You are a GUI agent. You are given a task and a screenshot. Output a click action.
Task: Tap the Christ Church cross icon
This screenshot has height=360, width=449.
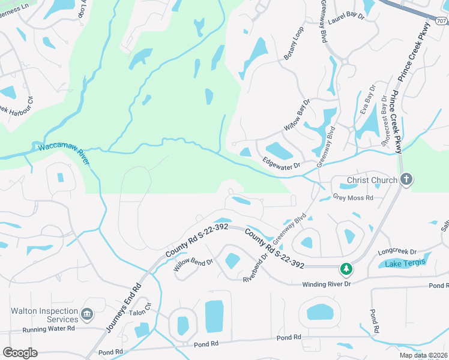[406, 179]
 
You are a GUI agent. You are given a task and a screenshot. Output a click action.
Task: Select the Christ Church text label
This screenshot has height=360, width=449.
[372, 180]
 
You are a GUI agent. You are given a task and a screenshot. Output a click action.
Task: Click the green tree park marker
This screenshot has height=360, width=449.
[346, 268]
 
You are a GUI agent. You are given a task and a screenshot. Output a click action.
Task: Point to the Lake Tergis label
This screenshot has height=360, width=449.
[405, 262]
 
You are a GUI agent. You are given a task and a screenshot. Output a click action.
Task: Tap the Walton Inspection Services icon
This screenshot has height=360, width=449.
[88, 314]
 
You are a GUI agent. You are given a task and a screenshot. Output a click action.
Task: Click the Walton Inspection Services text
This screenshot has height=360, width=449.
[44, 315]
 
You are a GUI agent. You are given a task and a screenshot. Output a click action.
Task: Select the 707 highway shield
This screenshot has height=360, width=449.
[441, 21]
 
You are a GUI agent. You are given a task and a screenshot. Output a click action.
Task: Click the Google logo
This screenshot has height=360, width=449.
[20, 353]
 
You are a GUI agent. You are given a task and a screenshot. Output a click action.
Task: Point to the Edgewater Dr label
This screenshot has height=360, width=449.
[282, 164]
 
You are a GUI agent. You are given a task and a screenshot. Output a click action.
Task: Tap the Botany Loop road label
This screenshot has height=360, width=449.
[294, 44]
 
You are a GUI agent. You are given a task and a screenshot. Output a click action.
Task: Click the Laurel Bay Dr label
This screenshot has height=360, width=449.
[346, 20]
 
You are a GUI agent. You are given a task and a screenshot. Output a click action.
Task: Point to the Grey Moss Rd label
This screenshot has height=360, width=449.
[353, 197]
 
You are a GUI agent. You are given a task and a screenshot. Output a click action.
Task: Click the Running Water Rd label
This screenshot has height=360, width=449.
[40, 329]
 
